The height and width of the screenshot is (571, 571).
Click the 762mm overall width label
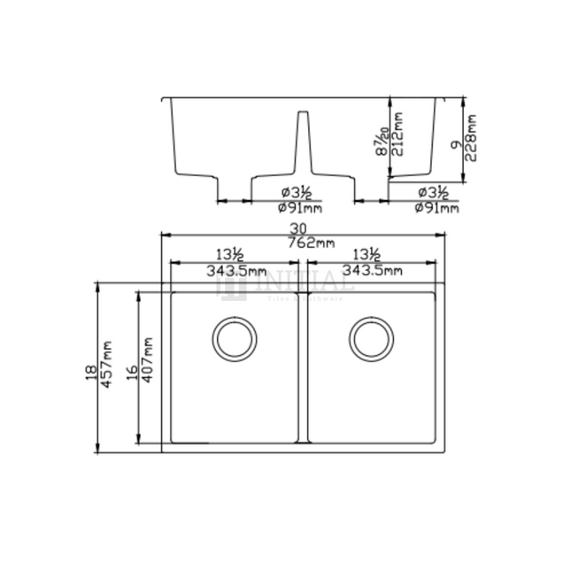[x=304, y=243]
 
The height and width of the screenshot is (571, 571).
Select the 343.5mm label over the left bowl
[x=235, y=270]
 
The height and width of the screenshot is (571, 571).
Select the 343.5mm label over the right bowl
[x=372, y=270]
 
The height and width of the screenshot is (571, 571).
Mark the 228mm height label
[x=472, y=135]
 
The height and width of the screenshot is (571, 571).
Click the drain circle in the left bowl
[x=235, y=337]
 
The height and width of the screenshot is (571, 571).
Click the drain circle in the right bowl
[x=372, y=337]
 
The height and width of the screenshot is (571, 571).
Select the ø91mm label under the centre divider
[x=299, y=208]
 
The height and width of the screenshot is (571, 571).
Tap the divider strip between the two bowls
[x=304, y=367]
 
